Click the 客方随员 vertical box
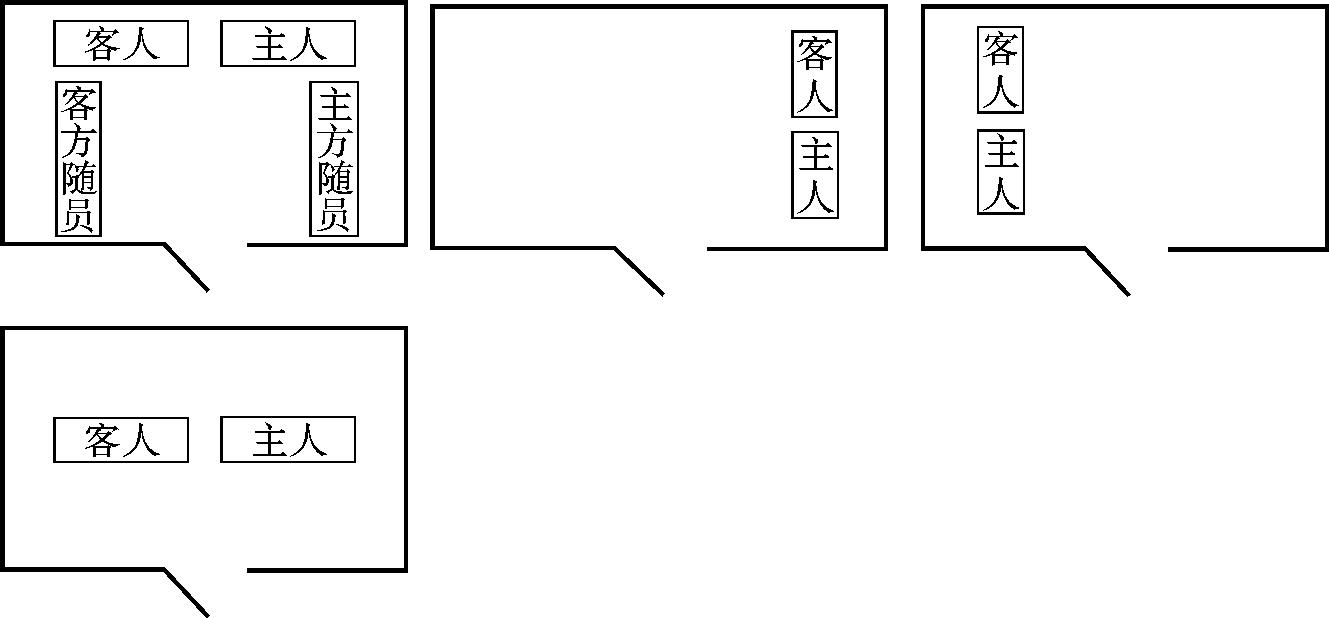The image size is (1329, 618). click(78, 159)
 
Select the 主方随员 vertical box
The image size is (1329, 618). click(334, 159)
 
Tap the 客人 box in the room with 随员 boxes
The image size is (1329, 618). click(121, 44)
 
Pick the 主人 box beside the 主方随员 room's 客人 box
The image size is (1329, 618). click(288, 44)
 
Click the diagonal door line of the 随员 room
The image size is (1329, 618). click(186, 267)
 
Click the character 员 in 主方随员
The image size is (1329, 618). click(334, 214)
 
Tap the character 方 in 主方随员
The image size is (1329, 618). click(334, 141)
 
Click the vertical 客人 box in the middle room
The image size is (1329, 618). click(814, 74)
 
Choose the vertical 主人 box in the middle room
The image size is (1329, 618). click(815, 175)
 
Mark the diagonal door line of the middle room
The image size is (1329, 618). click(639, 271)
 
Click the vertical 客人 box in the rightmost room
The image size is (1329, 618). click(1000, 70)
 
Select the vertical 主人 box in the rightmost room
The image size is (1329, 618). click(1000, 172)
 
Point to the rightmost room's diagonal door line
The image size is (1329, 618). click(1107, 271)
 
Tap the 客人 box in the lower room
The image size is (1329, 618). click(121, 440)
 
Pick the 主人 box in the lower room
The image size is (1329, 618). click(288, 440)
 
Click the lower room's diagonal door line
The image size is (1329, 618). click(186, 593)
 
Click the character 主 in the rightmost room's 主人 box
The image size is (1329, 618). click(1000, 153)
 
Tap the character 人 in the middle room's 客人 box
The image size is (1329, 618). click(814, 95)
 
